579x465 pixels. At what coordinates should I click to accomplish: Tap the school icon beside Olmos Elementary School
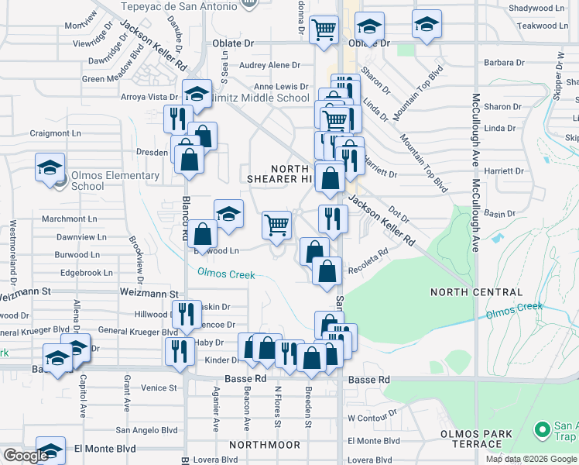[50, 167]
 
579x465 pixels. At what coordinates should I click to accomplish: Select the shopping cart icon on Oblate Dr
[324, 29]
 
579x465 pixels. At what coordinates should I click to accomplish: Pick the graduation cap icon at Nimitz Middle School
[197, 94]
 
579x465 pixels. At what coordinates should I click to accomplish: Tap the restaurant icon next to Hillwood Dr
[186, 314]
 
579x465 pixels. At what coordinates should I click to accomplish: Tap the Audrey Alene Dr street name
[269, 66]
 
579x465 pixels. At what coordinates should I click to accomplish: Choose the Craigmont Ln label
[55, 133]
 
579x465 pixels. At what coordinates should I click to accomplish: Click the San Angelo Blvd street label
[146, 429]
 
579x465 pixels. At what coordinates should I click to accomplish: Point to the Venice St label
[159, 387]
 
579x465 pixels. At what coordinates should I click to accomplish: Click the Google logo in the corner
[26, 456]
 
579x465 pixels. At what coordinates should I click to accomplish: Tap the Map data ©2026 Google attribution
[531, 459]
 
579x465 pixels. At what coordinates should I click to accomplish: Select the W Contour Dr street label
[372, 418]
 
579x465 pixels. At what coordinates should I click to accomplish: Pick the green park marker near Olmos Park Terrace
[543, 429]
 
